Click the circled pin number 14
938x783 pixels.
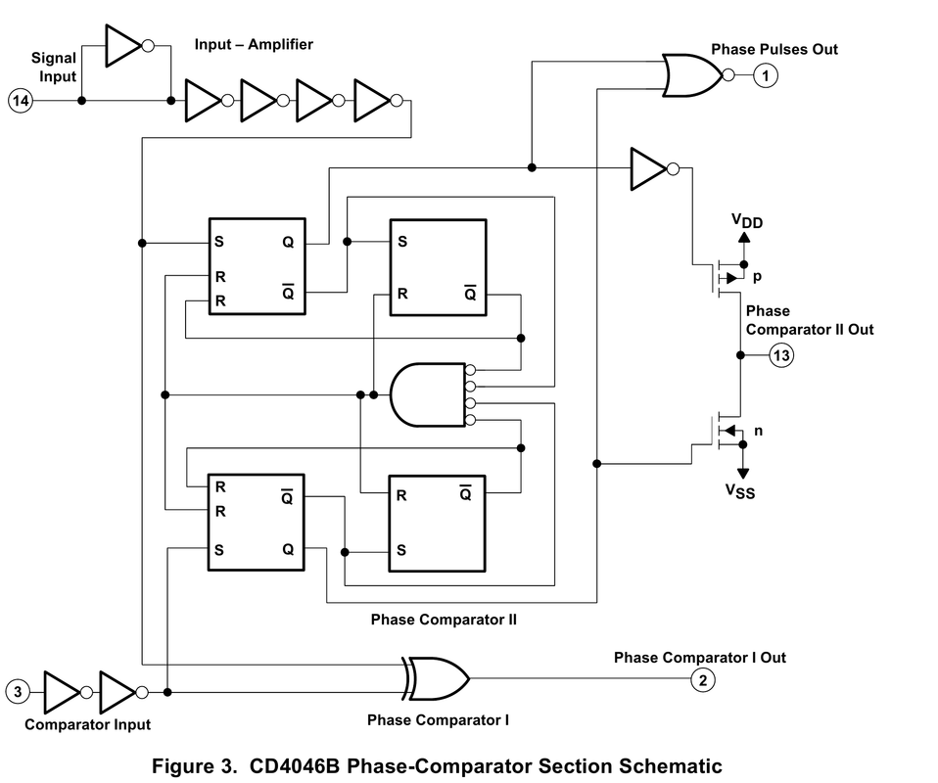click(x=21, y=100)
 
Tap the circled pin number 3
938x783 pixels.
click(x=19, y=692)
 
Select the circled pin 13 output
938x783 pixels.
click(x=780, y=354)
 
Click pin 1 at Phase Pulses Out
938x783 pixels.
click(x=767, y=75)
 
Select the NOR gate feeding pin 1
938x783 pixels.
click(x=691, y=75)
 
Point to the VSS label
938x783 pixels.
click(x=740, y=492)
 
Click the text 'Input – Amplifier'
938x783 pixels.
click(x=254, y=45)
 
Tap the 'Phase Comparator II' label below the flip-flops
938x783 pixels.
click(x=443, y=620)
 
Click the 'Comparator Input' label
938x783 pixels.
click(x=87, y=724)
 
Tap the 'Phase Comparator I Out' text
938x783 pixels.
click(x=699, y=658)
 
